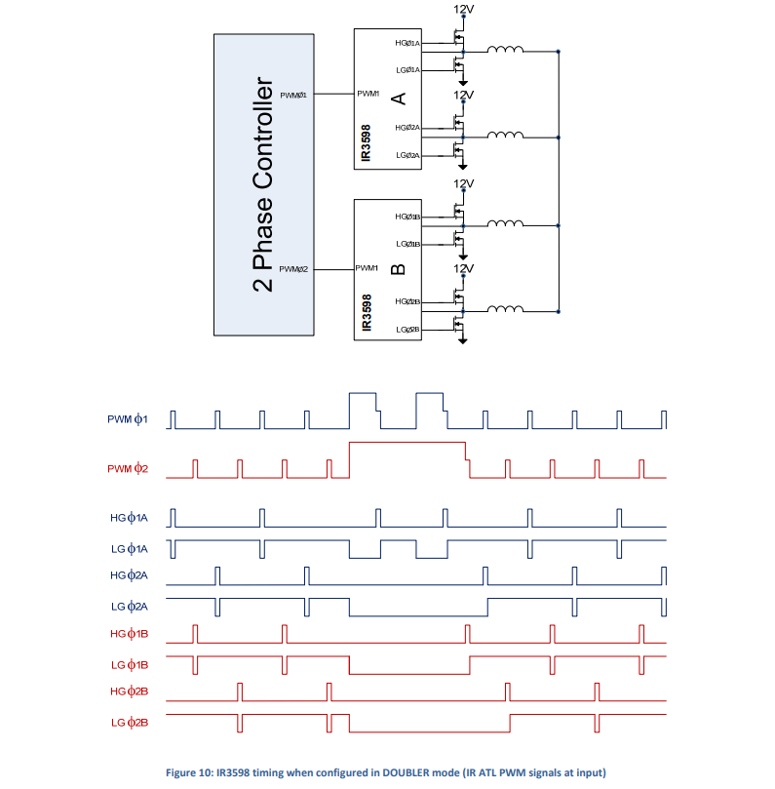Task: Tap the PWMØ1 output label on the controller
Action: click(293, 95)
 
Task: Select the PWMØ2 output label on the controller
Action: click(293, 269)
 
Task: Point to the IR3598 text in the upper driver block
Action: click(365, 142)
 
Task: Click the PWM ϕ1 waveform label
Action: click(127, 420)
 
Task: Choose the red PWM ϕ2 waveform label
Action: click(127, 469)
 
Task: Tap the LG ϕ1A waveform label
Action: click(129, 548)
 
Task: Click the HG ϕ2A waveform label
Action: click(129, 576)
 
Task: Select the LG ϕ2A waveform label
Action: click(129, 606)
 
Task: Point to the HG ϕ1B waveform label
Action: click(129, 635)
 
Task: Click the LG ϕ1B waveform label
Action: click(129, 664)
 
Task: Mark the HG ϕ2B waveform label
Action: click(129, 692)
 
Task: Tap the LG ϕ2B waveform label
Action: click(129, 722)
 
